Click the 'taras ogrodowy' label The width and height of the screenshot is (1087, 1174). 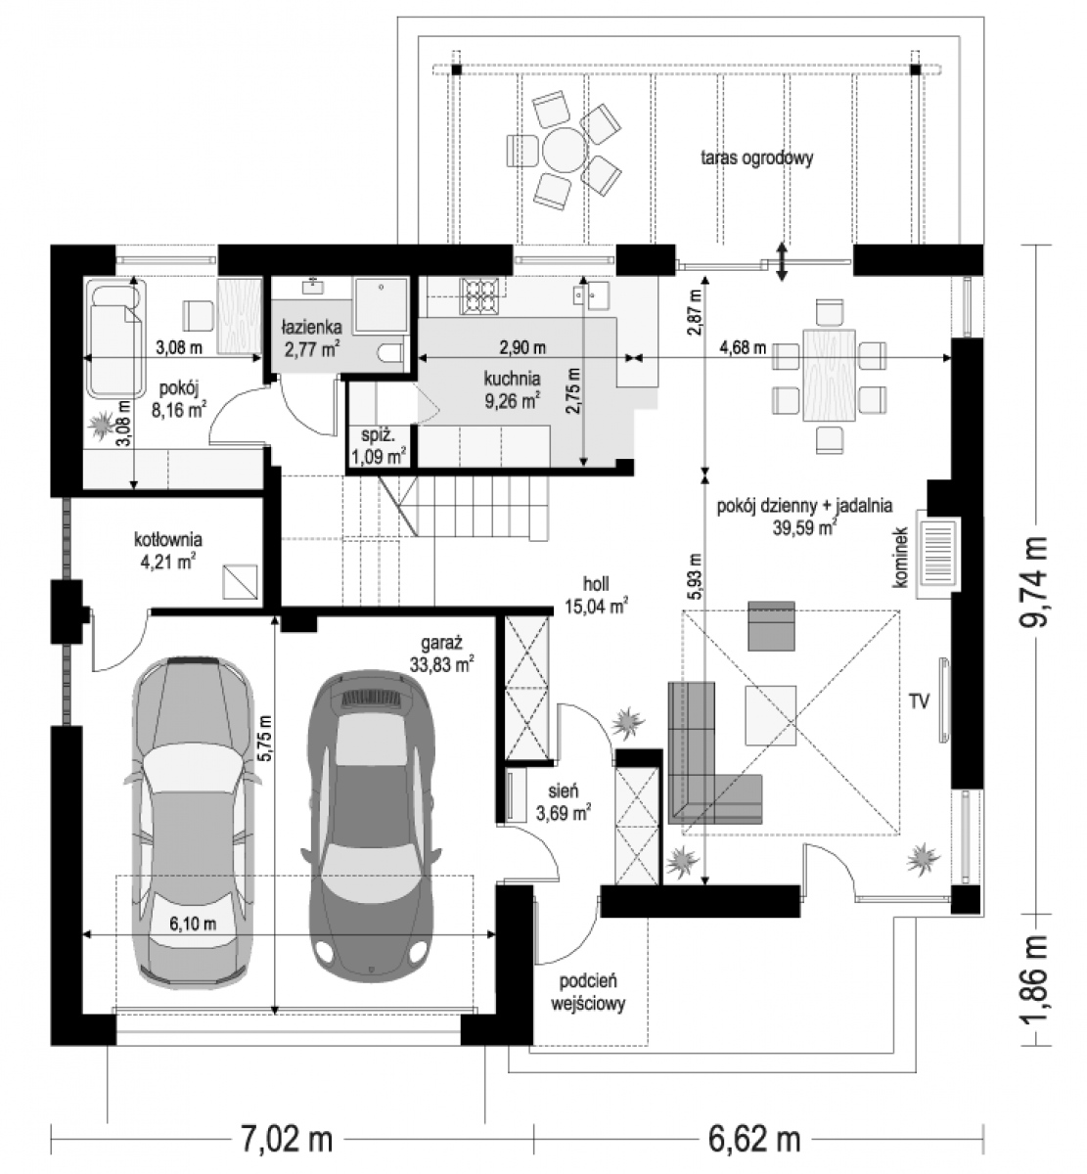[756, 158]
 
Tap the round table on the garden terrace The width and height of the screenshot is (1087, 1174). [564, 149]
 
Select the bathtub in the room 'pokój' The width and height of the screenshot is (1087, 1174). [115, 339]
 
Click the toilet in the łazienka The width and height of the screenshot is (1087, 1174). [390, 353]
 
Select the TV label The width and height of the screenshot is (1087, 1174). [919, 701]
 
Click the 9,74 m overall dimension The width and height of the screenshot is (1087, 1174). [1032, 580]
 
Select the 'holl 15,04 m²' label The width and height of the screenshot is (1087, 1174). [596, 595]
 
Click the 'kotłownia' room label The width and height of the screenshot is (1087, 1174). [168, 539]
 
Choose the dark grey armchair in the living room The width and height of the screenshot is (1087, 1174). [771, 625]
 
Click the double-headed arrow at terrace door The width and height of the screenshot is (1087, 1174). [781, 261]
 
